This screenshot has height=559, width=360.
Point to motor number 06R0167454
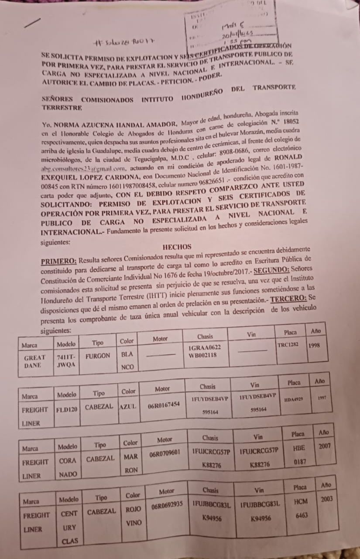click(164, 405)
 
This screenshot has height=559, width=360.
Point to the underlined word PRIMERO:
click(59, 261)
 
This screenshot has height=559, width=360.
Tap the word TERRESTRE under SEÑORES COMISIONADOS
click(62, 106)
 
